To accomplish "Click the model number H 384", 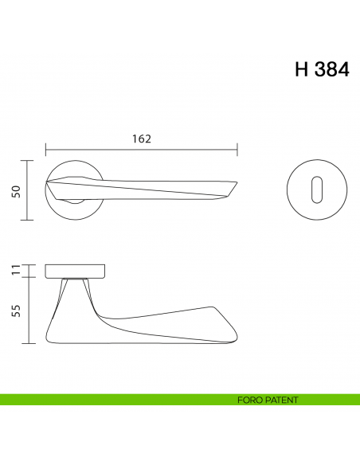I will (321, 69).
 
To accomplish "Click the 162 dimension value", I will (140, 138).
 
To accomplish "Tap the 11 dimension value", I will (15, 269).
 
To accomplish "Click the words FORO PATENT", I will (268, 400).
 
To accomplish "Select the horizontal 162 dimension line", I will (142, 149).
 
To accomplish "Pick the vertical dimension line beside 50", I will (29, 190).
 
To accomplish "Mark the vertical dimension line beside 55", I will (29, 311).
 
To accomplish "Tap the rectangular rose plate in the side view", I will (75, 269).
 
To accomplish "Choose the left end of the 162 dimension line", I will (46, 149).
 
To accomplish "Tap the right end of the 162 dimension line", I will (237, 149).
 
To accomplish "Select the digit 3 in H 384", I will (323, 69).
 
